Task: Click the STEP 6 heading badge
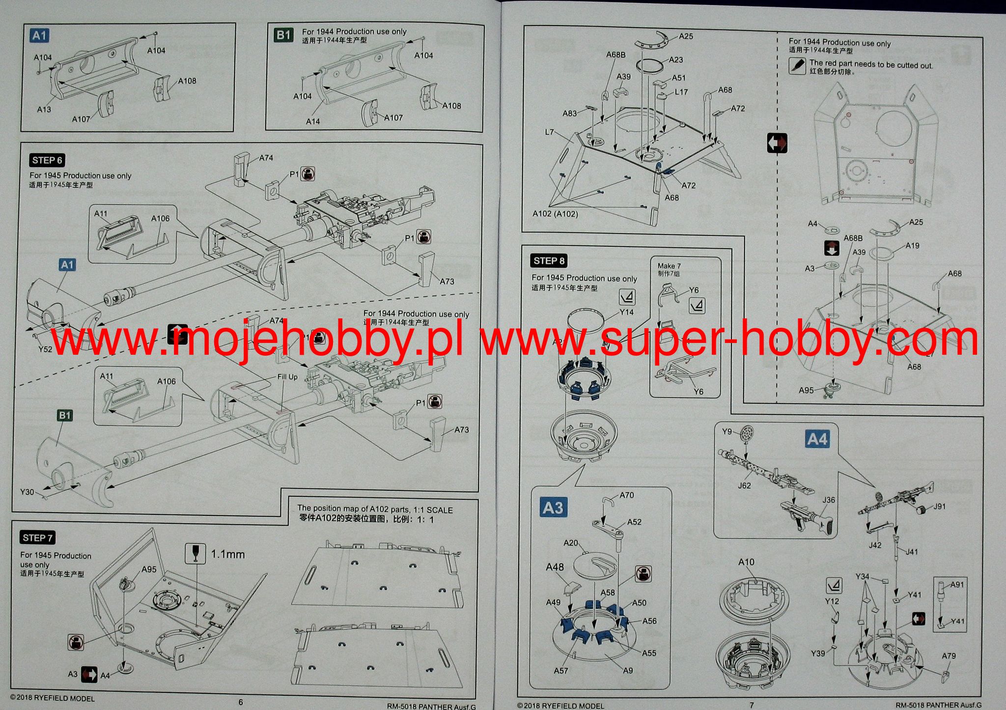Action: click(x=47, y=160)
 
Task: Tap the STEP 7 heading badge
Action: click(x=37, y=538)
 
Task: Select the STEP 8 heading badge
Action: click(x=549, y=261)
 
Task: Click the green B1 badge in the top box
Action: click(x=283, y=35)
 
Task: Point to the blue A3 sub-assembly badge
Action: click(x=553, y=507)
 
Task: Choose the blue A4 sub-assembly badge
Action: click(x=817, y=439)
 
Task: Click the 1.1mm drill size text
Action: click(x=228, y=554)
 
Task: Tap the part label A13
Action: click(x=44, y=110)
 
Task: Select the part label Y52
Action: click(x=45, y=349)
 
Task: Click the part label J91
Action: click(x=939, y=507)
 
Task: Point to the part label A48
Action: click(x=555, y=567)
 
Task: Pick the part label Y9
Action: click(x=727, y=431)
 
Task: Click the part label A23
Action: click(x=676, y=60)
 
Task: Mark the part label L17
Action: click(x=681, y=92)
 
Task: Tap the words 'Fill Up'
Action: click(x=287, y=377)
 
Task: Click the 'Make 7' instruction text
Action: click(x=669, y=266)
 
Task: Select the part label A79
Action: click(x=949, y=656)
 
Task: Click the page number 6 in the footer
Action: click(x=241, y=703)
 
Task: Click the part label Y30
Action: click(x=27, y=492)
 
